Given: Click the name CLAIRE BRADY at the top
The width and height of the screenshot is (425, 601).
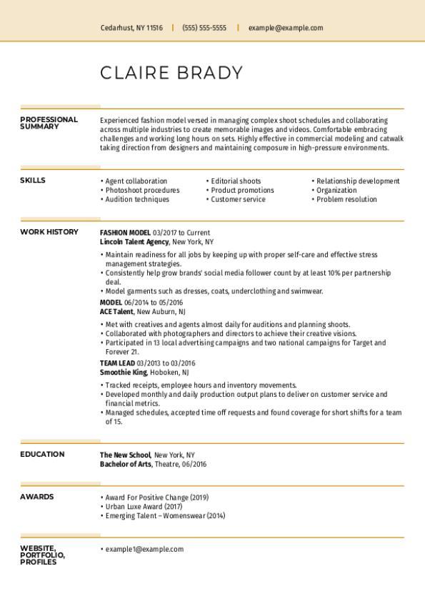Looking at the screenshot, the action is [x=171, y=73].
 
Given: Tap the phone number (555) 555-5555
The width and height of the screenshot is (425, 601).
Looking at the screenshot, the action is [x=204, y=28].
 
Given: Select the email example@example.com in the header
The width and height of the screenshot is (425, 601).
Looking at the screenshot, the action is [x=286, y=28].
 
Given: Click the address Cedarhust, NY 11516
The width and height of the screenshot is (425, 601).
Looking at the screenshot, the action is [x=131, y=28].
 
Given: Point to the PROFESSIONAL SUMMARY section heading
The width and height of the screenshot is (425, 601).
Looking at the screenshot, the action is [x=49, y=123].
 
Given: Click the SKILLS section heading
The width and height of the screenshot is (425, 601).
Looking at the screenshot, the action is [x=33, y=181].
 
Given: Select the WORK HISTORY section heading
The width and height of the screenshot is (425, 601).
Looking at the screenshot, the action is [x=49, y=232].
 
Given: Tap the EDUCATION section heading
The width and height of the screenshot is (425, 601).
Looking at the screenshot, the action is [x=42, y=454].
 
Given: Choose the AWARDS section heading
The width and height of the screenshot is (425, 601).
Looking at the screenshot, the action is [x=36, y=496].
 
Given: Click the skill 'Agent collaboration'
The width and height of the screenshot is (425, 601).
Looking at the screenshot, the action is [x=136, y=181].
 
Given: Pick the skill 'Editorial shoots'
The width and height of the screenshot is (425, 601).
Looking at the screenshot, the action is [x=236, y=181].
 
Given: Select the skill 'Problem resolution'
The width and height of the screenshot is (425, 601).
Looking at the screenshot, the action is [x=346, y=199].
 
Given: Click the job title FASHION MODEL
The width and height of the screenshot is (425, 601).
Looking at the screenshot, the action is [x=125, y=233].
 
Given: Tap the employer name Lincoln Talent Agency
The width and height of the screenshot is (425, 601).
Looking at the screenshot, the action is [x=134, y=242].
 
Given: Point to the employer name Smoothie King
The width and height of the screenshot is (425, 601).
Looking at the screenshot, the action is [x=124, y=372].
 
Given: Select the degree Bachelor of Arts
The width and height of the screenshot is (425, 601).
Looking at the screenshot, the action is [x=126, y=464].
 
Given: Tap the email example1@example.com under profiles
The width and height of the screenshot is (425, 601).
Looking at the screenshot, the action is [x=144, y=549].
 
